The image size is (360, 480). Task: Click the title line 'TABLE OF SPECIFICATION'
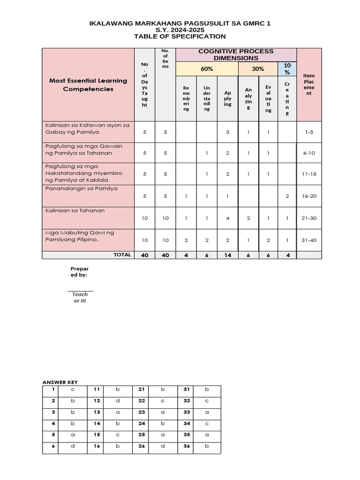pyautogui.click(x=180, y=37)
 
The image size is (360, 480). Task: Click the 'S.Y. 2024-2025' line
pyautogui.click(x=180, y=30)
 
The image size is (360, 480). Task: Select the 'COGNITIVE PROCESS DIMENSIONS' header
pyautogui.click(x=236, y=54)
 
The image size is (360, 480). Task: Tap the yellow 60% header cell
pyautogui.click(x=207, y=69)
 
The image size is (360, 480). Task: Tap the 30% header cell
pyautogui.click(x=258, y=69)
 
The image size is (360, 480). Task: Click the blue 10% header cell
pyautogui.click(x=287, y=69)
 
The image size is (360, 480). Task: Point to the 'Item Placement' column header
pyautogui.click(x=309, y=84)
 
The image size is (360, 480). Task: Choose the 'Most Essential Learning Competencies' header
pyautogui.click(x=88, y=84)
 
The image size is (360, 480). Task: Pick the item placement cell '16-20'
pyautogui.click(x=309, y=196)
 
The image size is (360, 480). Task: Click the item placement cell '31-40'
pyautogui.click(x=309, y=240)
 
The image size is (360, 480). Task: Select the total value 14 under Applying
pyautogui.click(x=227, y=255)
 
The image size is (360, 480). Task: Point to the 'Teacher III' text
pyautogui.click(x=80, y=297)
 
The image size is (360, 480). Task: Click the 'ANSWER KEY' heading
pyautogui.click(x=60, y=382)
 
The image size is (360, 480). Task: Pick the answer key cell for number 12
pyautogui.click(x=96, y=401)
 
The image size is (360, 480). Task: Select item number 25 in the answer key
pyautogui.click(x=141, y=435)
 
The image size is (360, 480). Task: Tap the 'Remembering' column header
pyautogui.click(x=186, y=98)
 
